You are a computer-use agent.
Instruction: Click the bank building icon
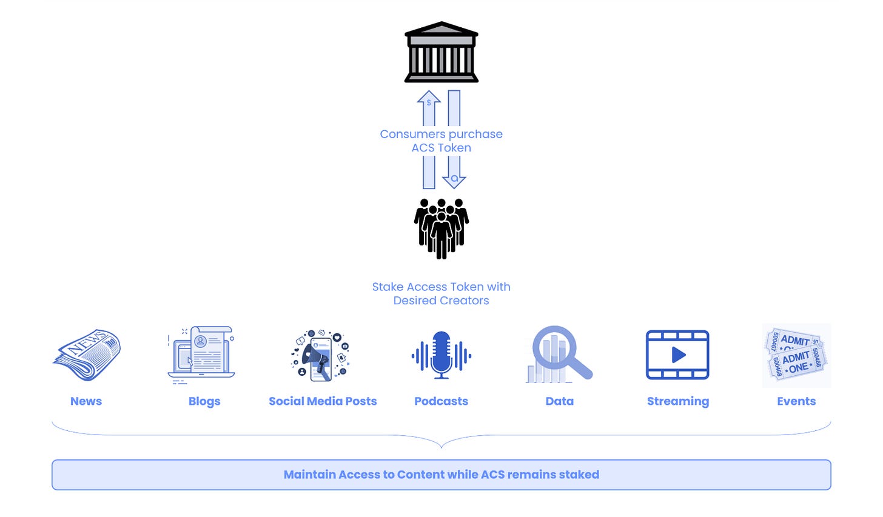click(441, 53)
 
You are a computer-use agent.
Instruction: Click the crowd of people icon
click(441, 228)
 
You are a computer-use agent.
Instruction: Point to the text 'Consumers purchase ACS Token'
click(441, 141)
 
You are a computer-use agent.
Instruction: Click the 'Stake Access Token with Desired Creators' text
click(441, 293)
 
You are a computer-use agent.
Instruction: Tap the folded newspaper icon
click(87, 355)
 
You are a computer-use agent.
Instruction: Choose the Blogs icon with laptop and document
click(201, 355)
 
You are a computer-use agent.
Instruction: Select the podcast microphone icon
click(441, 355)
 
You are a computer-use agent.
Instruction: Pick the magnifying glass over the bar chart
click(559, 354)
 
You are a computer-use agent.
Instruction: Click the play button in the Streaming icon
click(678, 355)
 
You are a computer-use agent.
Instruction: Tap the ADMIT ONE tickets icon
click(796, 355)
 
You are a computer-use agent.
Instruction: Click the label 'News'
click(86, 401)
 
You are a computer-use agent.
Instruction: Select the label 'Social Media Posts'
click(323, 401)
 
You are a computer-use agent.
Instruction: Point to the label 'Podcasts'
click(441, 401)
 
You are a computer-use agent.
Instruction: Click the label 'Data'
click(559, 401)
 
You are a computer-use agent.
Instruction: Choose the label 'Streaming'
click(677, 401)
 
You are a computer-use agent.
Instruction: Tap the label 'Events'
click(796, 401)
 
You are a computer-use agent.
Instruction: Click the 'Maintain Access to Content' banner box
click(441, 475)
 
